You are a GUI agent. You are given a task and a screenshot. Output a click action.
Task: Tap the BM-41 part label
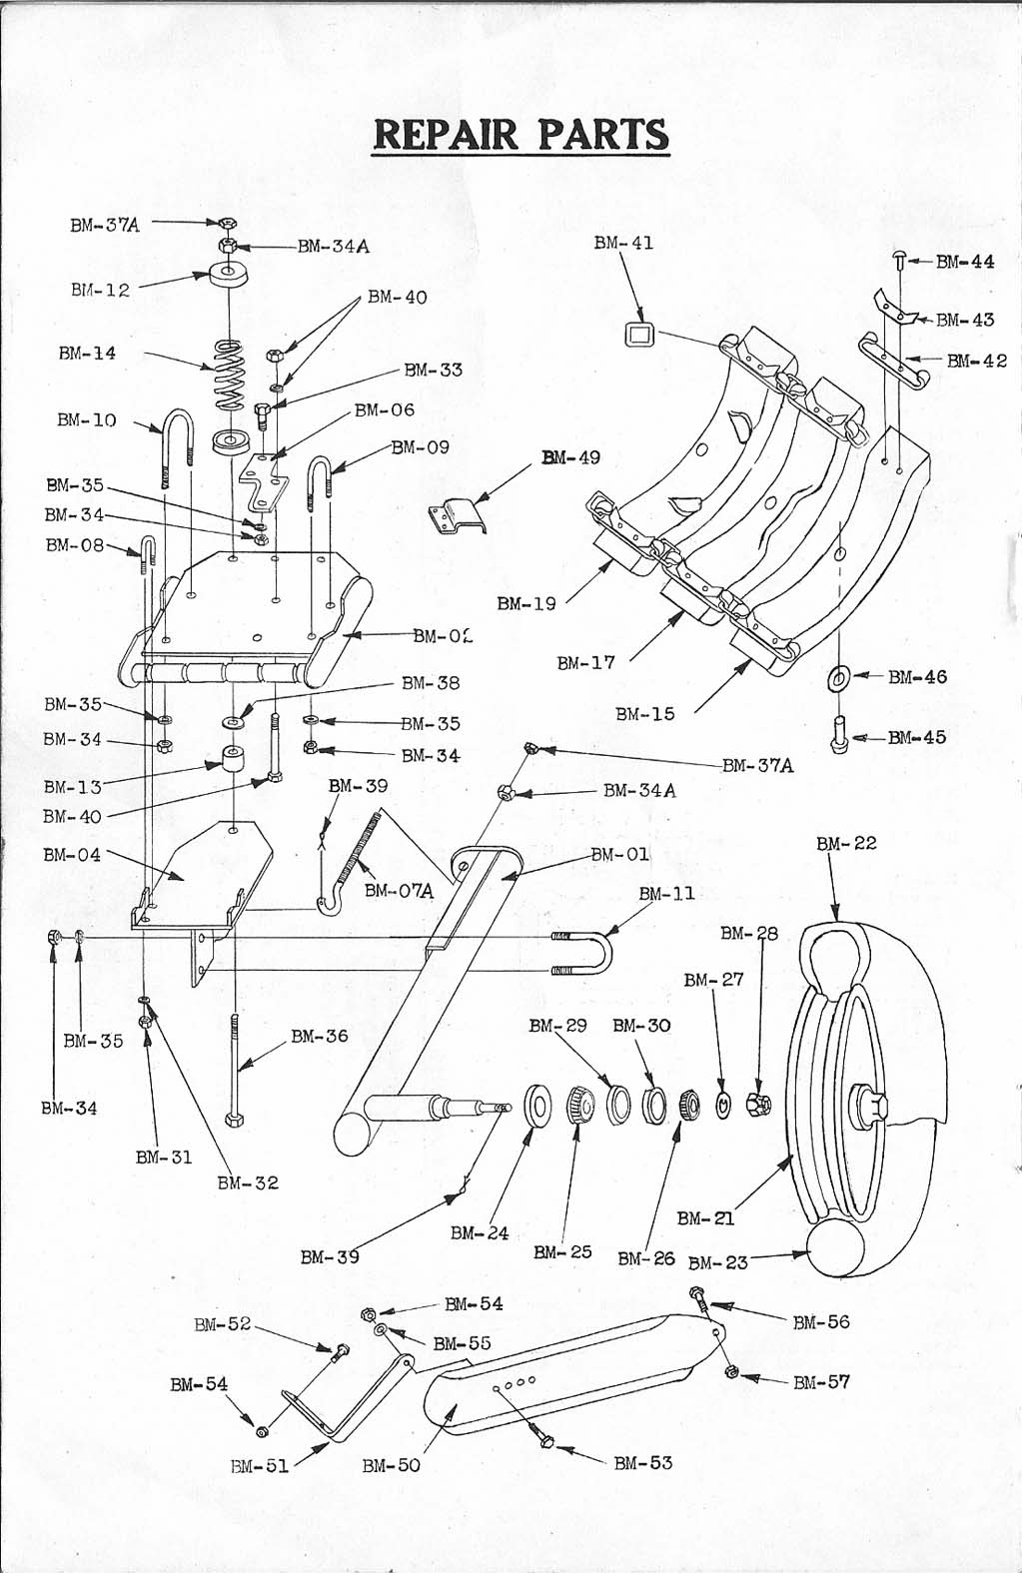coord(623,243)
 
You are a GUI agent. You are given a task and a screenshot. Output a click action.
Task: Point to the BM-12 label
coord(101,290)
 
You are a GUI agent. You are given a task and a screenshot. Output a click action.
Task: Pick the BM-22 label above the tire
coord(846,843)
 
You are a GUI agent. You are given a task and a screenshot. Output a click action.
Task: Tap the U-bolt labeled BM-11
coord(584,953)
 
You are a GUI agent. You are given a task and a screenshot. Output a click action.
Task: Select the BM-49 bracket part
coord(457,518)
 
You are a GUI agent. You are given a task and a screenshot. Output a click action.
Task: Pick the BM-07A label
coord(399,891)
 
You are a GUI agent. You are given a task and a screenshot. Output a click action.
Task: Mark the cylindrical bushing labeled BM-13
coord(233,760)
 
